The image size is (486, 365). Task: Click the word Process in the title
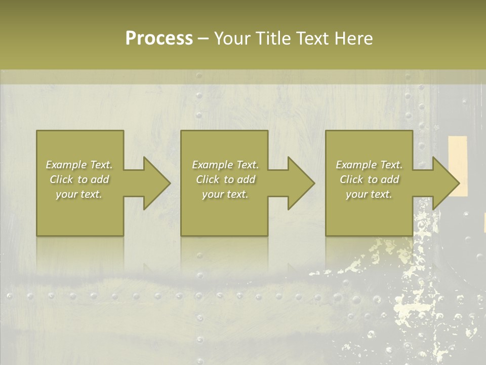coord(159,39)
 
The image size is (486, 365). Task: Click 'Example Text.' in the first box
coord(79,165)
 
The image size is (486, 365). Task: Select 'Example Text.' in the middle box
coord(225,165)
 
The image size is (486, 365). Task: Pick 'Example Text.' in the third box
coord(369,165)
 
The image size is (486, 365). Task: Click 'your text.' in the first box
coord(79,194)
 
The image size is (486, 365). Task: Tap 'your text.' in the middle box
coord(225,194)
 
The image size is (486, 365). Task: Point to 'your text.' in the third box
coord(369,194)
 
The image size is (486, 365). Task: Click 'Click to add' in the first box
coord(79,179)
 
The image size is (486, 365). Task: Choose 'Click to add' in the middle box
coord(225,179)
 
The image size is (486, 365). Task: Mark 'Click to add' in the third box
coord(369,179)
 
